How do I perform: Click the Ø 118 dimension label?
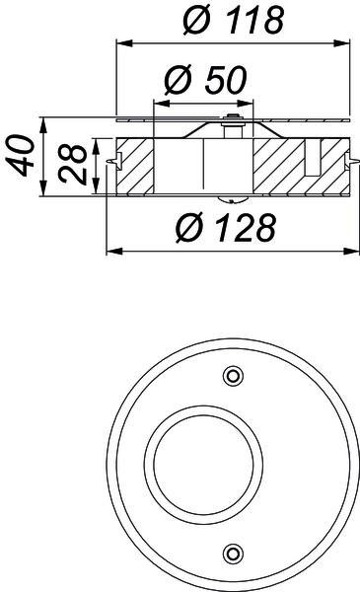pyautogui.click(x=233, y=20)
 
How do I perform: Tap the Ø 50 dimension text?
pyautogui.click(x=206, y=80)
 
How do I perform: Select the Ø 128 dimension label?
pyautogui.click(x=226, y=228)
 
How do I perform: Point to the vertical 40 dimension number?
pyautogui.click(x=20, y=156)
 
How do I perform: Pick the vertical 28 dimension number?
pyautogui.click(x=72, y=164)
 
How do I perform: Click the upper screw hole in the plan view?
pyautogui.click(x=233, y=376)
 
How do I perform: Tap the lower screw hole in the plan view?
pyautogui.click(x=233, y=554)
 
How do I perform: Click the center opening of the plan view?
pyautogui.click(x=203, y=465)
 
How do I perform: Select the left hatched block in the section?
pyautogui.click(x=135, y=167)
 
